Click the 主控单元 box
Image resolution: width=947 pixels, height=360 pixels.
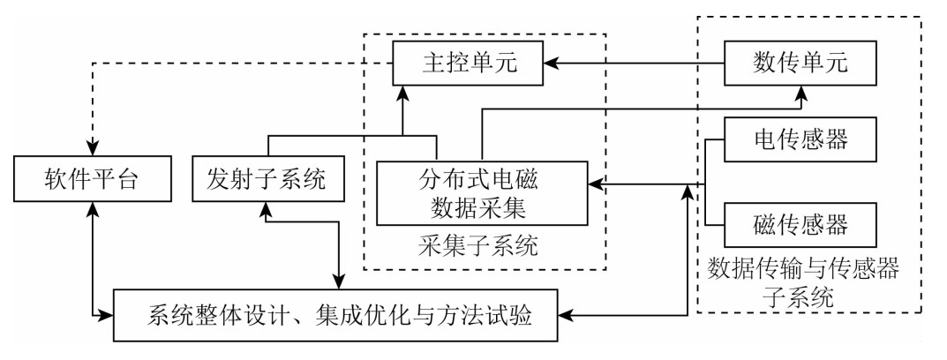point(468,64)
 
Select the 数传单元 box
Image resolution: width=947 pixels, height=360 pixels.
point(800,64)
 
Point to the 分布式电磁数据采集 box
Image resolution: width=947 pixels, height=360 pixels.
point(481,193)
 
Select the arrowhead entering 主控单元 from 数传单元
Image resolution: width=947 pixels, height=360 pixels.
point(550,64)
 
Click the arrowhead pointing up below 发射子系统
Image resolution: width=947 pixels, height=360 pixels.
point(266,208)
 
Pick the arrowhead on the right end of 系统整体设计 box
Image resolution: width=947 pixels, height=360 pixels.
point(567,313)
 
